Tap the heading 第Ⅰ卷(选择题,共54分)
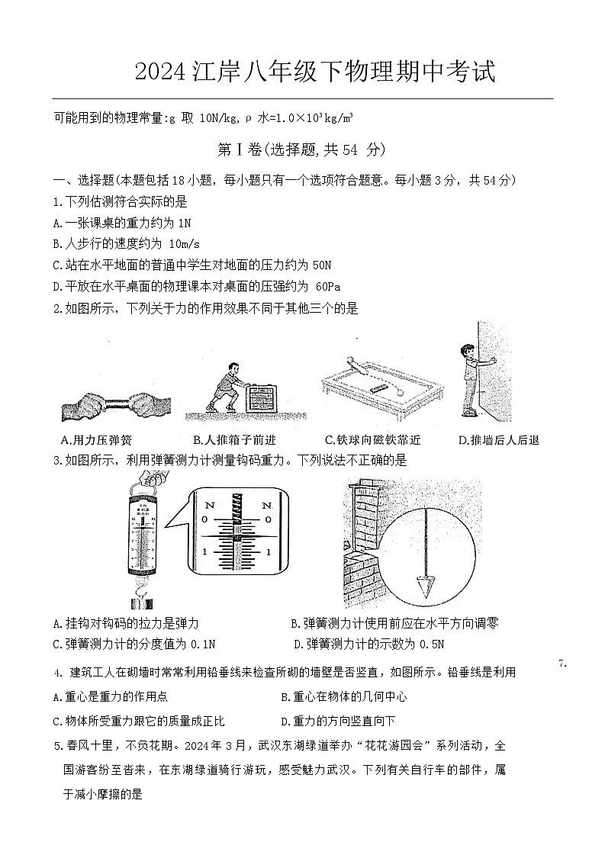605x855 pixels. point(301,149)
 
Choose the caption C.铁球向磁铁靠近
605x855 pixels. point(372,440)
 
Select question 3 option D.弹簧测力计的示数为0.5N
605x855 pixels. point(369,644)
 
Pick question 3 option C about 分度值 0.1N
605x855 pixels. point(134,644)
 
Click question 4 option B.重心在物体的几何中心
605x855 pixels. point(343,696)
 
